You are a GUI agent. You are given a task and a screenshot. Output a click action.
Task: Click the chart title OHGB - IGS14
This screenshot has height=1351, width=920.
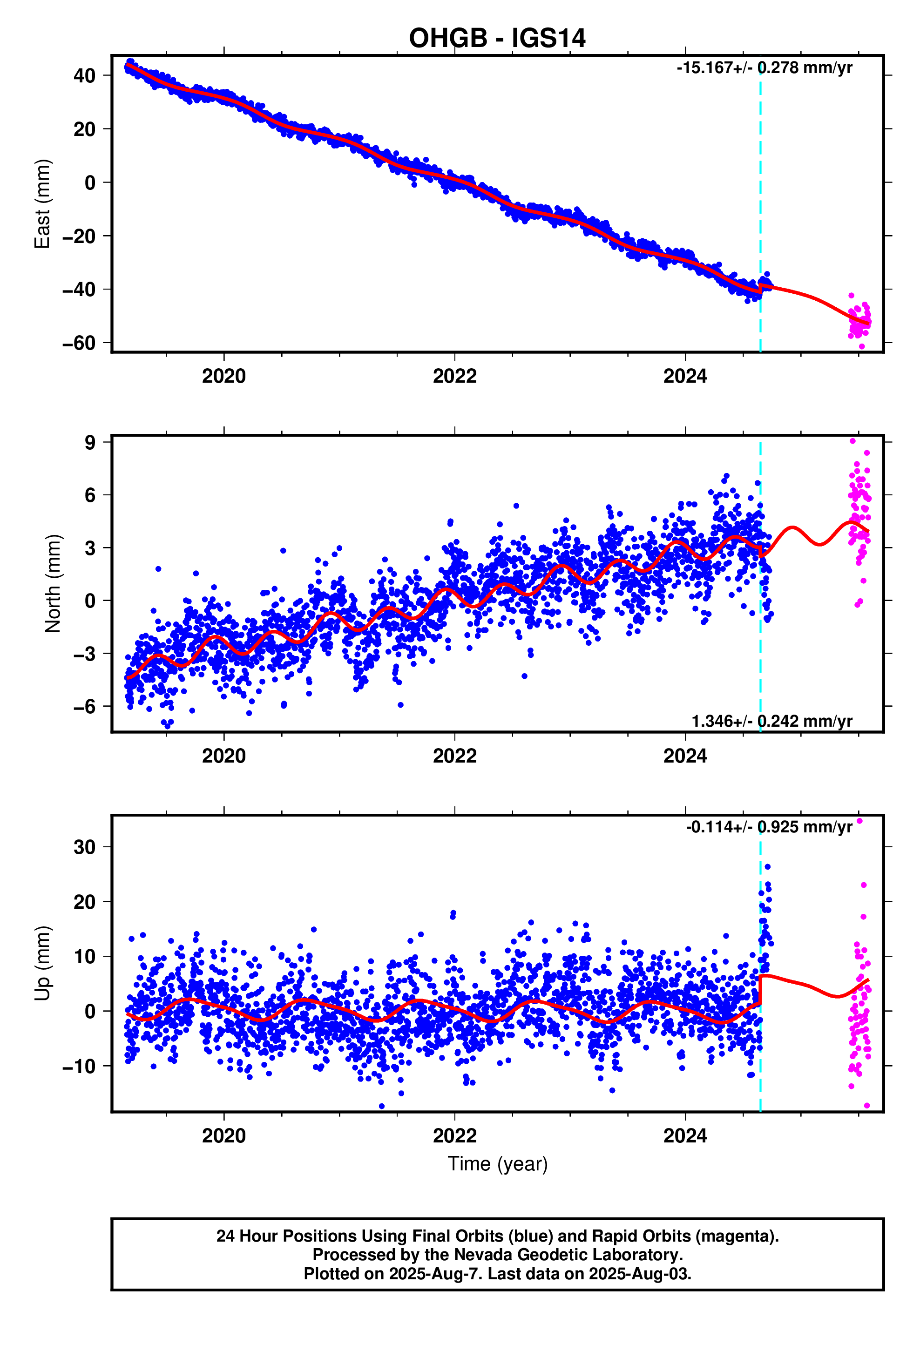pyautogui.click(x=497, y=38)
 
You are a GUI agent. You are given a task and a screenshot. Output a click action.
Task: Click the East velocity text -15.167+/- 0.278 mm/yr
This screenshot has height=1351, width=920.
pyautogui.click(x=764, y=68)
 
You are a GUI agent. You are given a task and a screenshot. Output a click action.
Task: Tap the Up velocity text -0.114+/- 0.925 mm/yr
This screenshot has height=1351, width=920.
pyautogui.click(x=768, y=827)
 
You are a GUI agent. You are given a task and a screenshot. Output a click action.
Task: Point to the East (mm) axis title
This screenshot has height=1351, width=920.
pyautogui.click(x=42, y=203)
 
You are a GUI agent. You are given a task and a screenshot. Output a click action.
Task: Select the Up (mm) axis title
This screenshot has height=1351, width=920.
pyautogui.click(x=42, y=963)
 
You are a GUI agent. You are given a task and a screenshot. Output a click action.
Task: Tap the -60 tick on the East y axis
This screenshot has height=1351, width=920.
pyautogui.click(x=79, y=343)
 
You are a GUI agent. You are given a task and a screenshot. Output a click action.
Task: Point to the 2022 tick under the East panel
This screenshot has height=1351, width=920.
pyautogui.click(x=454, y=376)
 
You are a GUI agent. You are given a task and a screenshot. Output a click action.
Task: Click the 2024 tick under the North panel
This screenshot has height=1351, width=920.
pyautogui.click(x=684, y=756)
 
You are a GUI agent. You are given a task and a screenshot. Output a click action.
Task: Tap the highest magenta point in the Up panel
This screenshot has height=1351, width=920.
pyautogui.click(x=859, y=821)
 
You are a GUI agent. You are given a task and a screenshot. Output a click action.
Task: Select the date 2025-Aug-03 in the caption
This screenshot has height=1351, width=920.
pyautogui.click(x=639, y=1274)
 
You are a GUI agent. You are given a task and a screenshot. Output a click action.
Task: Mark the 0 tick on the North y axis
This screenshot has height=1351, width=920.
pyautogui.click(x=89, y=601)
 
